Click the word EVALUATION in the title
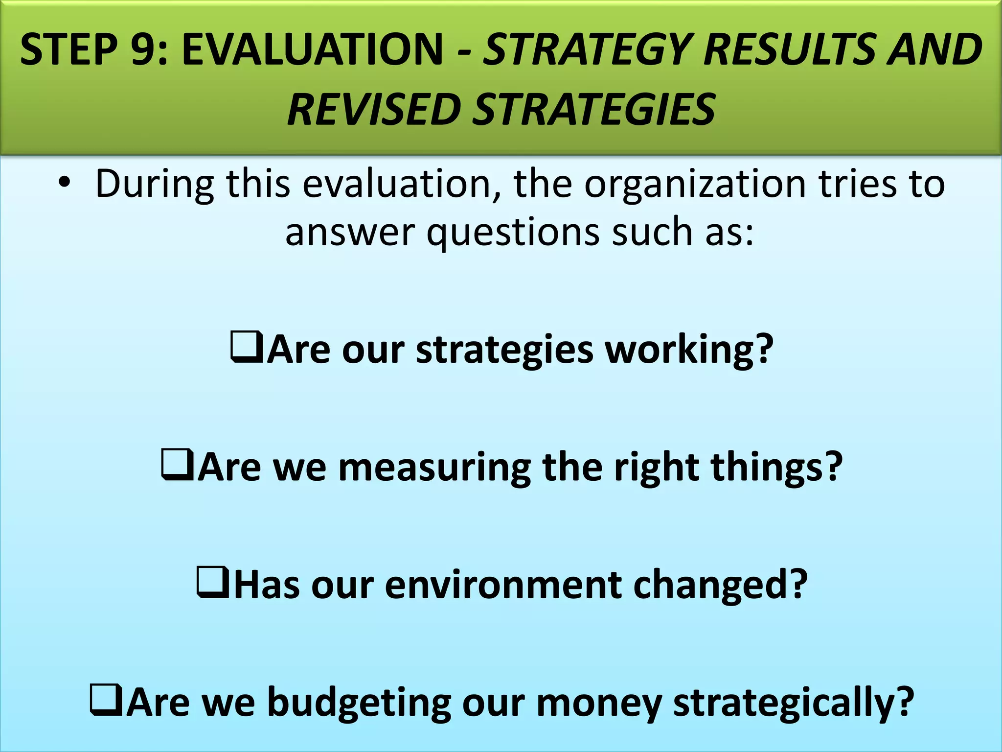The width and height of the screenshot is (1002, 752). (x=312, y=49)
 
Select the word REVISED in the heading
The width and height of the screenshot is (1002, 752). (x=372, y=109)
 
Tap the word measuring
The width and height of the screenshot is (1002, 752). (x=434, y=467)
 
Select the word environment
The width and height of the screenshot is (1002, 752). (x=503, y=585)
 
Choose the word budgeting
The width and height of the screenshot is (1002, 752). (x=359, y=703)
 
